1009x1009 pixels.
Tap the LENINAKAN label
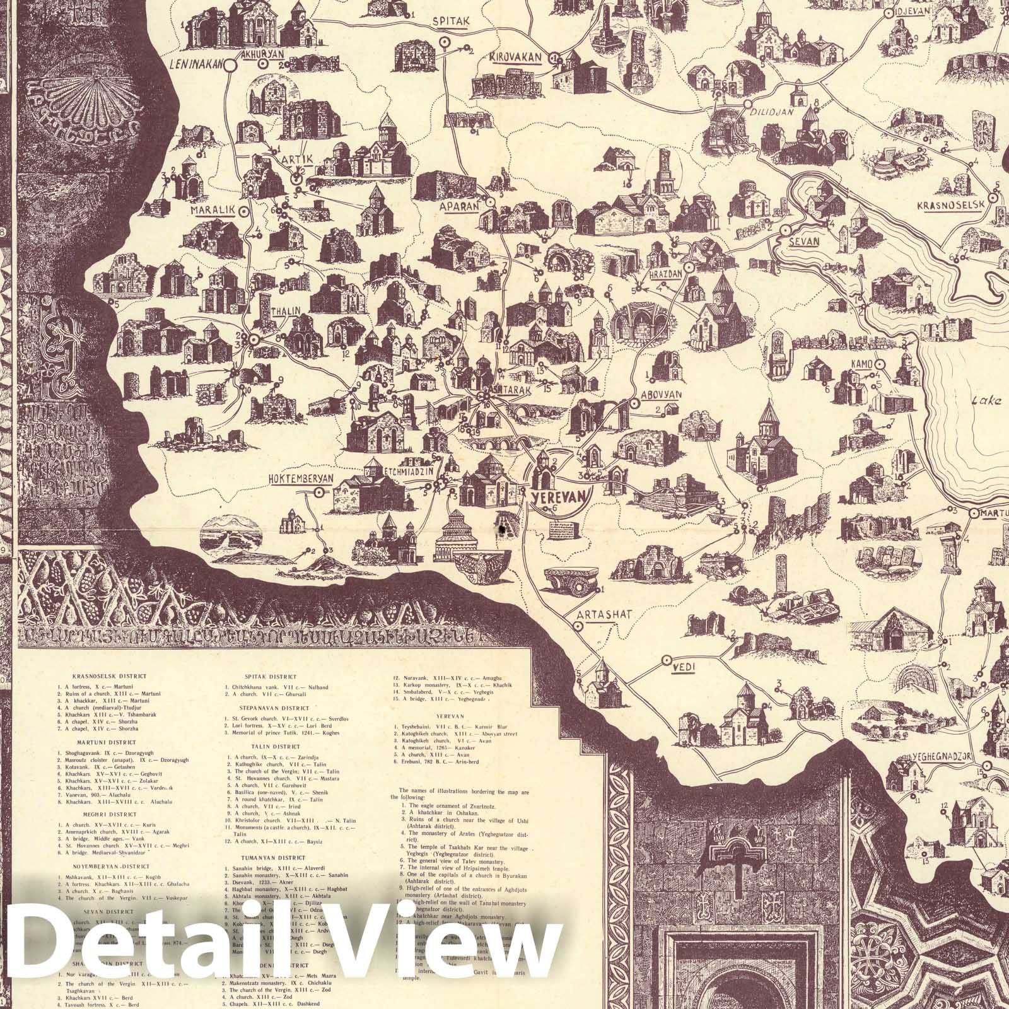pos(199,63)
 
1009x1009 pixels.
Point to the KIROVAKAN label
pos(515,57)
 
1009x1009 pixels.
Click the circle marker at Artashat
pos(577,626)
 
